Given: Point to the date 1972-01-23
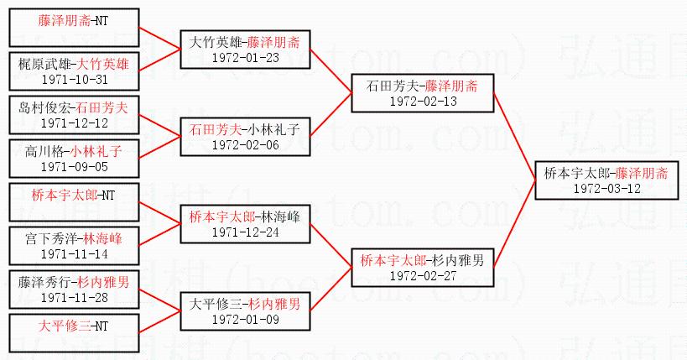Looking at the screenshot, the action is tap(245, 57).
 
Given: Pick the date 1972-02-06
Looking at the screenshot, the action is tap(245, 144).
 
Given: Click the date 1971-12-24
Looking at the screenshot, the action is tap(245, 232).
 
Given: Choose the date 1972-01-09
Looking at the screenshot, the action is tap(245, 319).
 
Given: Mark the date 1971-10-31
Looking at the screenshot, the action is tap(75, 79).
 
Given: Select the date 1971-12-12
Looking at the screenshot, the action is tap(75, 123).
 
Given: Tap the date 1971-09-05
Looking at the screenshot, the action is tap(75, 166).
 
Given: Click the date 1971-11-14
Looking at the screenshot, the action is tap(75, 253).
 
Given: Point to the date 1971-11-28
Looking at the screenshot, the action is tap(75, 297).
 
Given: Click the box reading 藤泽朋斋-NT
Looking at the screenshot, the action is tap(75, 18).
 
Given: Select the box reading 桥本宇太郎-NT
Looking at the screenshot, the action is tap(75, 196).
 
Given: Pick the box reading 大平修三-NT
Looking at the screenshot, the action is tap(75, 325).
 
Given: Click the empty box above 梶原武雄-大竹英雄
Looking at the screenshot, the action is tap(75, 34).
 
